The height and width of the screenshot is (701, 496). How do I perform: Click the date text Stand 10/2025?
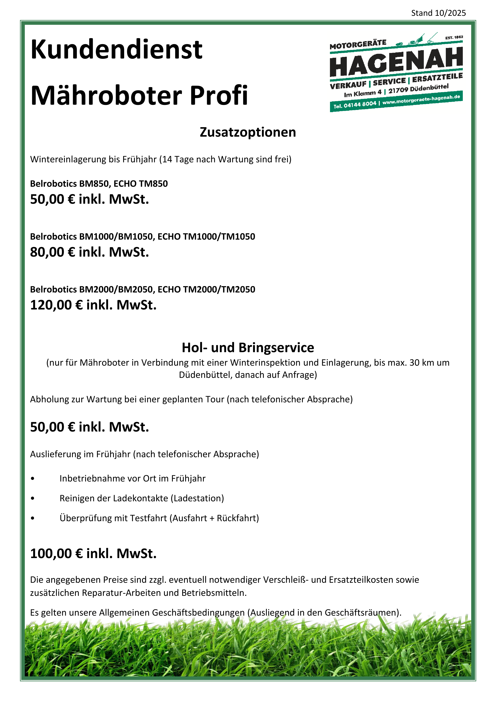tap(438, 13)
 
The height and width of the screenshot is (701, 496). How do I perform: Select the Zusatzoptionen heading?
tap(248, 132)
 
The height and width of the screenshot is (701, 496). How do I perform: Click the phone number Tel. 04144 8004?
tap(355, 105)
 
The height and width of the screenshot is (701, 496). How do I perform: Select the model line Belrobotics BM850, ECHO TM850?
tap(99, 183)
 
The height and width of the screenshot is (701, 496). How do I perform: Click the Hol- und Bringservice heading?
tap(248, 347)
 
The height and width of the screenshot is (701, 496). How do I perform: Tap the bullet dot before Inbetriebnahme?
tap(33, 479)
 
